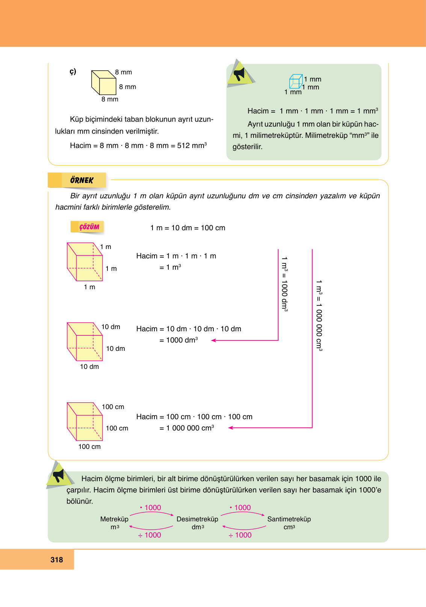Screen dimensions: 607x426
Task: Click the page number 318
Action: [x=57, y=560]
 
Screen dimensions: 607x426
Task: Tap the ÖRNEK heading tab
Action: [x=82, y=180]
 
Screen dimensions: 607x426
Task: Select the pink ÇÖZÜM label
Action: [x=89, y=227]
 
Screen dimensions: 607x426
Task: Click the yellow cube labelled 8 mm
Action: [x=104, y=83]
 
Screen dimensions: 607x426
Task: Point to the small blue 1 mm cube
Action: [x=296, y=81]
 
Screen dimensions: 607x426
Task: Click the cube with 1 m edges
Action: [x=85, y=262]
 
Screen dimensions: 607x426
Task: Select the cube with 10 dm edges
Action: [x=85, y=342]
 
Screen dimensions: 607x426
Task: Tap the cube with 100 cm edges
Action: [x=85, y=422]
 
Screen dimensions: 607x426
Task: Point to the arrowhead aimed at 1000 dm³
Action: [x=214, y=340]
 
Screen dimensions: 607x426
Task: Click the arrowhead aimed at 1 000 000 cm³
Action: [x=231, y=428]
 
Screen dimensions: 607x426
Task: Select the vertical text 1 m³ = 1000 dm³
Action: [x=285, y=284]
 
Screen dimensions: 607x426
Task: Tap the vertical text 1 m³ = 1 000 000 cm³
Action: [x=319, y=315]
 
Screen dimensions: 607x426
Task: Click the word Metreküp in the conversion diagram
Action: [x=114, y=519]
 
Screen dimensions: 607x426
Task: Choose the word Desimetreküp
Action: [x=197, y=519]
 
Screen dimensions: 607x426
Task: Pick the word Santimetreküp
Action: [x=289, y=519]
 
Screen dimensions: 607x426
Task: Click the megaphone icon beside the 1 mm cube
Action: [x=239, y=74]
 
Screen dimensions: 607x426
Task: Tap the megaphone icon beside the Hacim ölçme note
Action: [x=59, y=475]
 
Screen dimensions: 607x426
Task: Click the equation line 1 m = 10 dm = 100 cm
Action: [x=187, y=228]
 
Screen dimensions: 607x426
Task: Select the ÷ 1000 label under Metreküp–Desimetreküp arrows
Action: [x=150, y=535]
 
